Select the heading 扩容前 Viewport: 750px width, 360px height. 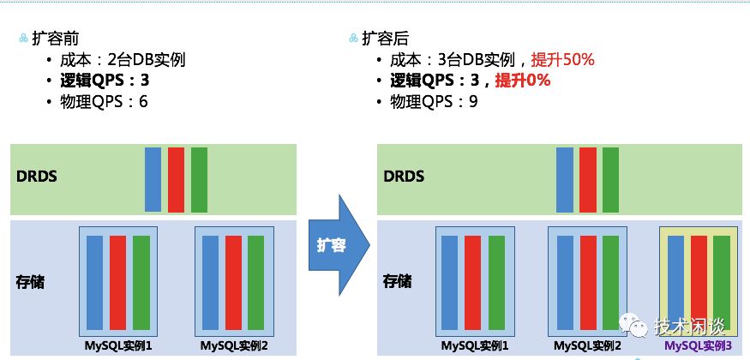[x=56, y=39]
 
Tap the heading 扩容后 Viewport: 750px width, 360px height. [x=386, y=39]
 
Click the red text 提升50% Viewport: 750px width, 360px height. [x=562, y=60]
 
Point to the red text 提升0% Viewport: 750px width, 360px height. [x=522, y=81]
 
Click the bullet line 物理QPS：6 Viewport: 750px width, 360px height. [x=104, y=101]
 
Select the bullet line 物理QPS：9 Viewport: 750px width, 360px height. [x=434, y=101]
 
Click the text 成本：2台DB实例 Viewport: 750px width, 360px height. [x=123, y=60]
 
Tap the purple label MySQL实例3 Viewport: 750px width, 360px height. [x=699, y=345]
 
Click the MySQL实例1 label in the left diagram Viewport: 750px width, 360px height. [x=118, y=345]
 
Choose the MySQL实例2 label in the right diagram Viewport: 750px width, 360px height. [x=587, y=345]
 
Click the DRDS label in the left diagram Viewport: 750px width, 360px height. [x=36, y=177]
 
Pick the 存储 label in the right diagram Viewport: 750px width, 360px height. [x=397, y=282]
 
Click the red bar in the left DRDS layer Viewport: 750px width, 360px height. [x=176, y=180]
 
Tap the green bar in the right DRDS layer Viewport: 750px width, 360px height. [x=610, y=180]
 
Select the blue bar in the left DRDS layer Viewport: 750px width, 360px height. [x=153, y=179]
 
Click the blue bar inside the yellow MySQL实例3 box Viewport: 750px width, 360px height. [x=675, y=282]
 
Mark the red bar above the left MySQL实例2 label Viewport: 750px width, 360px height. [x=233, y=283]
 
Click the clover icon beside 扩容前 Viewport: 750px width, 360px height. [x=24, y=39]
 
